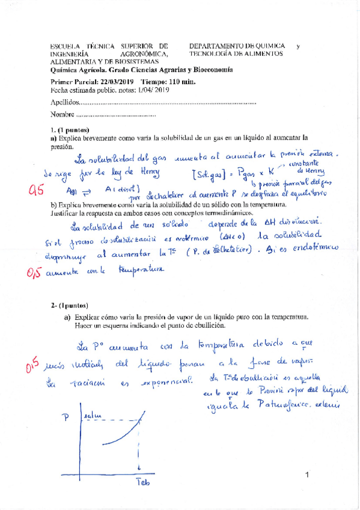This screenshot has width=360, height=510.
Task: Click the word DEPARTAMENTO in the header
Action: pyautogui.click(x=215, y=46)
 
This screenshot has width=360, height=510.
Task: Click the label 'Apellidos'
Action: pyautogui.click(x=64, y=102)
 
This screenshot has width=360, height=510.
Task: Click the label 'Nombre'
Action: pyautogui.click(x=63, y=114)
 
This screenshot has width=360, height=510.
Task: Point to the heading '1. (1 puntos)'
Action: pyautogui.click(x=70, y=130)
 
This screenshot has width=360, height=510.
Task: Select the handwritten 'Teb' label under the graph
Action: pyautogui.click(x=142, y=483)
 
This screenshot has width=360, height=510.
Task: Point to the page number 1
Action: pyautogui.click(x=307, y=476)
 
